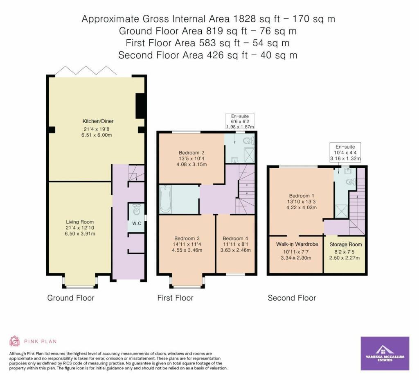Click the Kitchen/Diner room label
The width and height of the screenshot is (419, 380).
[98, 121]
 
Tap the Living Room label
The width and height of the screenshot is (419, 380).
[80, 222]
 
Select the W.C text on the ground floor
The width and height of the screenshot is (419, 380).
[137, 223]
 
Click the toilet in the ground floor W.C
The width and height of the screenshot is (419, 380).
[137, 210]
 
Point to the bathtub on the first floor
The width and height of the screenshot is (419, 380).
[165, 199]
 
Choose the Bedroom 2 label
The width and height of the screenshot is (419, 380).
[191, 153]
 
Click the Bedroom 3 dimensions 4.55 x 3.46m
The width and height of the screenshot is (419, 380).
[187, 250]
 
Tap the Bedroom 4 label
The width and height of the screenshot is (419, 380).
[235, 239]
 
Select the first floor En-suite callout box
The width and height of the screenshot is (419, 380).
[240, 121]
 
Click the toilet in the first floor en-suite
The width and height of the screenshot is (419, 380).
[249, 140]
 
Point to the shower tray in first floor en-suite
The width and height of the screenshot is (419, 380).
[249, 155]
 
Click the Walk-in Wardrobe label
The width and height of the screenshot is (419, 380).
[297, 244]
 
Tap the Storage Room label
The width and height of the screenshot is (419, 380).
[345, 244]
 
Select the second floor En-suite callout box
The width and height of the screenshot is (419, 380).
[345, 152]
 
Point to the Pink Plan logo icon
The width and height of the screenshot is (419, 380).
[15, 341]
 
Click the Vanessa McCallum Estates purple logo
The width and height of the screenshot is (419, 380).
[385, 353]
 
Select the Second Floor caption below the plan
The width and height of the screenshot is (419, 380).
[292, 298]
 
